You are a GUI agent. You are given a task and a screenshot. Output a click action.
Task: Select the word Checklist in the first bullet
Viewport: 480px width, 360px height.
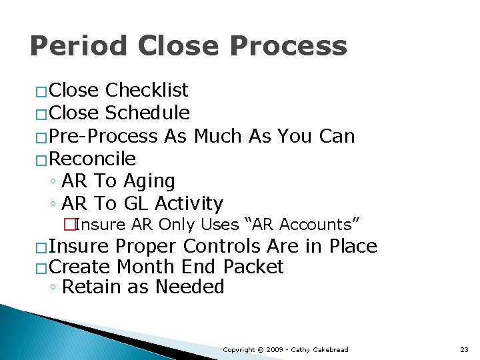coord(147,90)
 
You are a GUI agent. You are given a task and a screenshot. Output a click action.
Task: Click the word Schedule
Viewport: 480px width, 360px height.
coord(147,113)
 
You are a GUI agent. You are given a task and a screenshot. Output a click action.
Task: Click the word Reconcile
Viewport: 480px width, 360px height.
coord(93,159)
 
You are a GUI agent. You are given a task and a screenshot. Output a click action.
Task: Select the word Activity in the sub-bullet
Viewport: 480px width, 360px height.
coord(189,203)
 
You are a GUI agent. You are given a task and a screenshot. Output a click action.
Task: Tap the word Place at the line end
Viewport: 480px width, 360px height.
coord(353,246)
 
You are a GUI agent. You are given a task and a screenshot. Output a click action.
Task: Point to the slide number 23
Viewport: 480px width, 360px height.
coord(464,349)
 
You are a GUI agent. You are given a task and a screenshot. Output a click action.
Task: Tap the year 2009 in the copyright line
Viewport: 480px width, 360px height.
coord(276,349)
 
